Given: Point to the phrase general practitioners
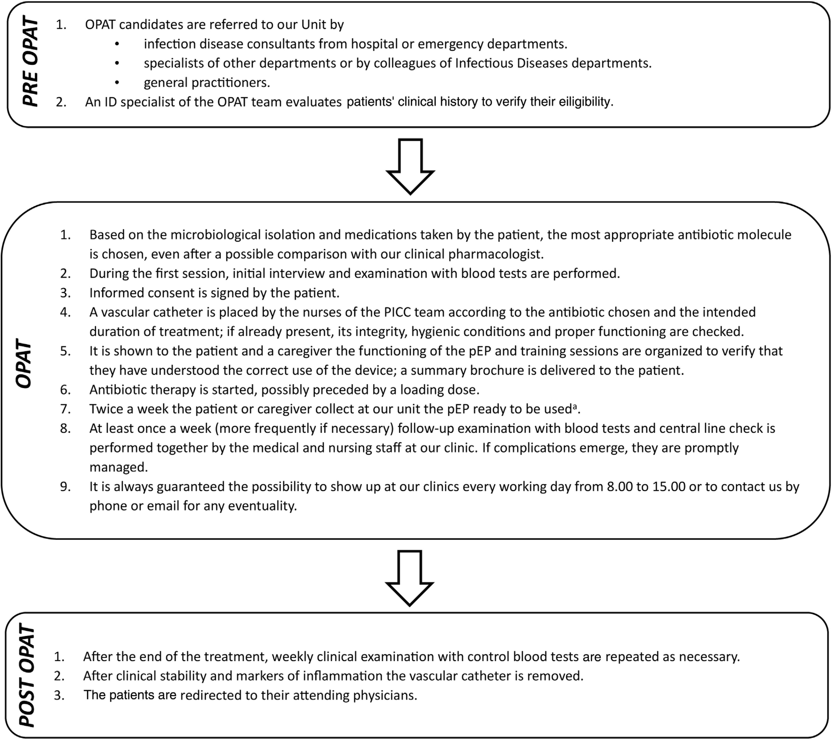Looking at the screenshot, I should tap(206, 83).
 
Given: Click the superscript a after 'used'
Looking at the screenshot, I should tap(575, 406).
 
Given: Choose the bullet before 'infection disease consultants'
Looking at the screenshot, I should tap(117, 44).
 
